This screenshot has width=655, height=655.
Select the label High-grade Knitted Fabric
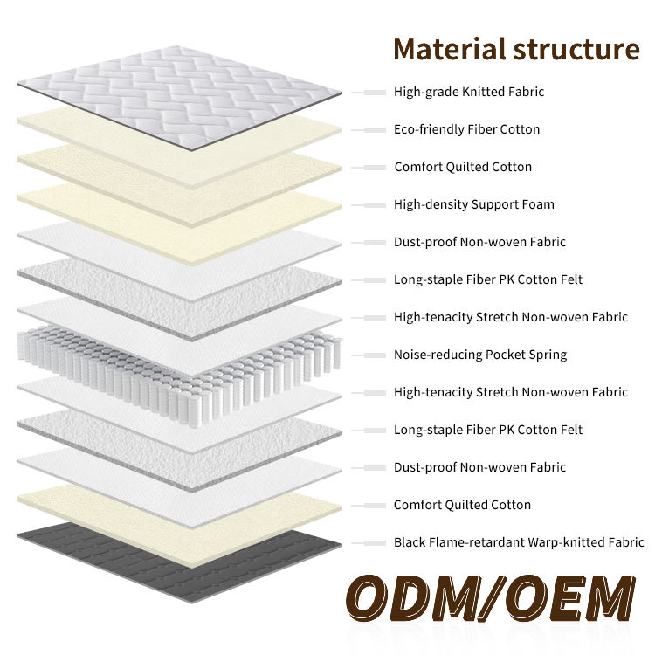coord(469,92)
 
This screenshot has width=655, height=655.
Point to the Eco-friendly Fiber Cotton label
coord(466,129)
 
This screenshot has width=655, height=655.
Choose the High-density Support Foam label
coord(473,204)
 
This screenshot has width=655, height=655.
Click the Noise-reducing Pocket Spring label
coord(480,355)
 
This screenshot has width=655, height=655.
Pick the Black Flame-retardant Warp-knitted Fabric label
coord(519,542)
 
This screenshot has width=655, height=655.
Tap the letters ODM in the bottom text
coord(410,600)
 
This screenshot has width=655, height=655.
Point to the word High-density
coord(431,204)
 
